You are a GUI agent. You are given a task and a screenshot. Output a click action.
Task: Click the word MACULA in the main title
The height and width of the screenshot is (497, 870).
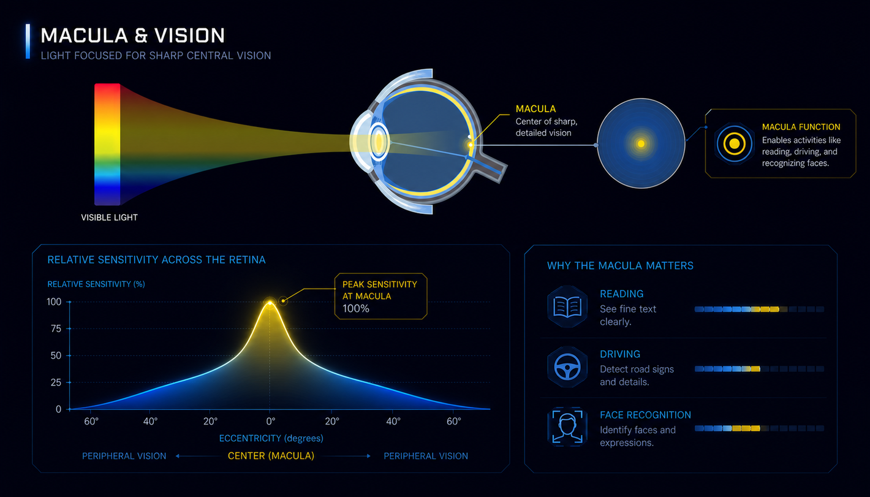point(85,36)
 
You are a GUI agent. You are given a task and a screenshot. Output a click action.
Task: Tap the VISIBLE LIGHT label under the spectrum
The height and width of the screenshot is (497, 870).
point(109,218)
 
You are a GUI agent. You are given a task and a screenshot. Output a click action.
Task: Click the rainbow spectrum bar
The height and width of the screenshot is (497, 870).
point(107,144)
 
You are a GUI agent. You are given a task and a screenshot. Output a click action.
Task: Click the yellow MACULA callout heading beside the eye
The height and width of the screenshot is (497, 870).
point(535,109)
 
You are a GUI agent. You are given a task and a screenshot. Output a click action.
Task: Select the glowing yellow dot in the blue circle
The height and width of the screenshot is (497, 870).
point(641,144)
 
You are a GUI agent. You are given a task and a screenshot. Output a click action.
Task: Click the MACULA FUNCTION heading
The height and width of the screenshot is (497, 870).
point(801,127)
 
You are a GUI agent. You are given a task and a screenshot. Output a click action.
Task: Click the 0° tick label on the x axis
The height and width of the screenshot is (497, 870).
point(271,421)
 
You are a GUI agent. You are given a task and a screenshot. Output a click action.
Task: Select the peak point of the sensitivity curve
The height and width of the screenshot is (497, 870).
point(270,302)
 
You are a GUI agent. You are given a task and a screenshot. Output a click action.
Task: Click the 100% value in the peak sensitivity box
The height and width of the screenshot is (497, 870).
point(356,308)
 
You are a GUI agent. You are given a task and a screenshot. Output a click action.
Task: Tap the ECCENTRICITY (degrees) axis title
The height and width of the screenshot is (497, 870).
point(271,438)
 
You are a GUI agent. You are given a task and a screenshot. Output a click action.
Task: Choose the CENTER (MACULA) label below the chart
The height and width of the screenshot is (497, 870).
point(271,456)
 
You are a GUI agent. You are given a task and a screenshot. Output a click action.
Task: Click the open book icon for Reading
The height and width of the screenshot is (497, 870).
point(567,307)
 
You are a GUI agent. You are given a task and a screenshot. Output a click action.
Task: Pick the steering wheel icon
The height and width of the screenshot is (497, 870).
point(567,367)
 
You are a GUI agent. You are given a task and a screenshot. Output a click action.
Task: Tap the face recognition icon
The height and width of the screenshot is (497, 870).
point(567,427)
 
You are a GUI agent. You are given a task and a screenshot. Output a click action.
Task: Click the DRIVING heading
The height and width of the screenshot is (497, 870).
point(620,354)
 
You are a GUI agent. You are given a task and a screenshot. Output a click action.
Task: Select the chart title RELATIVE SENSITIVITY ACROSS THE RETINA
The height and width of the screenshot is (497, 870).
point(156,260)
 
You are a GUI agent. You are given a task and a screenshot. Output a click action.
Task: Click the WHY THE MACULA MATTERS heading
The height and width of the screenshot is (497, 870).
point(620,266)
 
